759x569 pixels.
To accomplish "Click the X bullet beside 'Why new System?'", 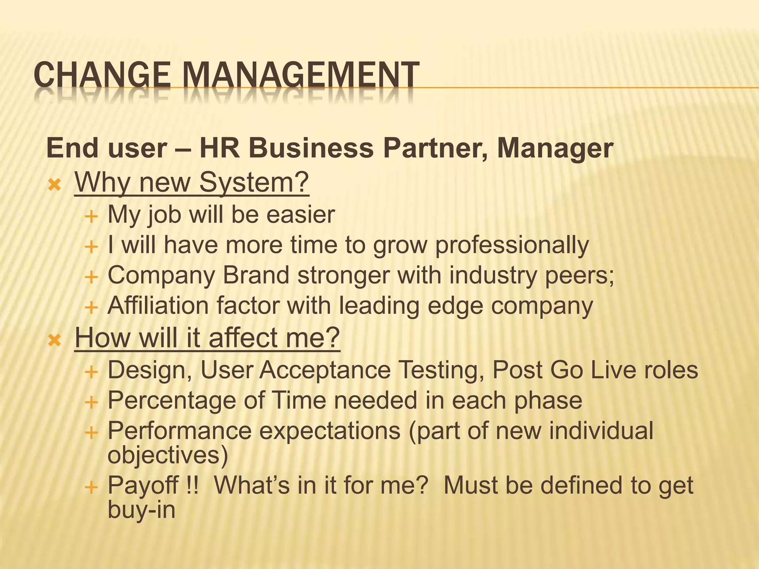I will coord(54,184).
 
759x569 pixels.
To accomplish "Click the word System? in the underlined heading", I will coord(253,182).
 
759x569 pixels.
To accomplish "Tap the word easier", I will coord(301,214).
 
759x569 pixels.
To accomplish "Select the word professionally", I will coord(512,246).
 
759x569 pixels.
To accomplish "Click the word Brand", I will coord(256,276).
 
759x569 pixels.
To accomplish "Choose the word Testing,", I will coord(441,370).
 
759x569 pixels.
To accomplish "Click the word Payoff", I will coord(143,485).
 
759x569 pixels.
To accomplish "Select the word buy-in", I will coord(141,509).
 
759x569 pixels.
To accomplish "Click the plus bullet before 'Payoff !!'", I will coord(91,487).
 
